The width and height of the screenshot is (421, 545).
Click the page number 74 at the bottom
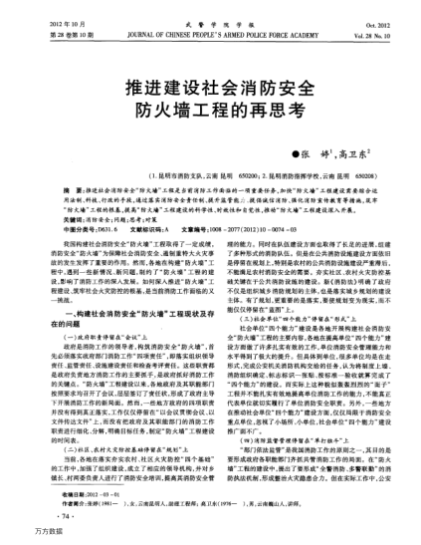[64, 519]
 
